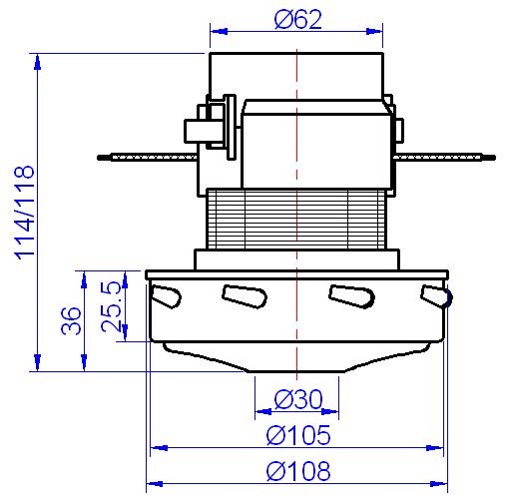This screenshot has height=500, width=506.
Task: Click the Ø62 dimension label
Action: [x=296, y=20]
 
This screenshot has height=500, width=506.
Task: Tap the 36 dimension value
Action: [x=71, y=321]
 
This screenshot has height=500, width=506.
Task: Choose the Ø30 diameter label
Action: [x=296, y=399]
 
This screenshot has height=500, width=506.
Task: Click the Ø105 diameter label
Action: [x=297, y=436]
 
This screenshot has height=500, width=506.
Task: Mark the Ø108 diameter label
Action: [x=297, y=471]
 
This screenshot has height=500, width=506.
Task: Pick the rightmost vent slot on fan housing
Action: [x=436, y=296]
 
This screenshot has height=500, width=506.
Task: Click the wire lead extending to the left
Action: [x=140, y=156]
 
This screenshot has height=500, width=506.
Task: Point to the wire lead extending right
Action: [x=444, y=156]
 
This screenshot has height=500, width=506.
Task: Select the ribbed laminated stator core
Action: [x=296, y=220]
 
